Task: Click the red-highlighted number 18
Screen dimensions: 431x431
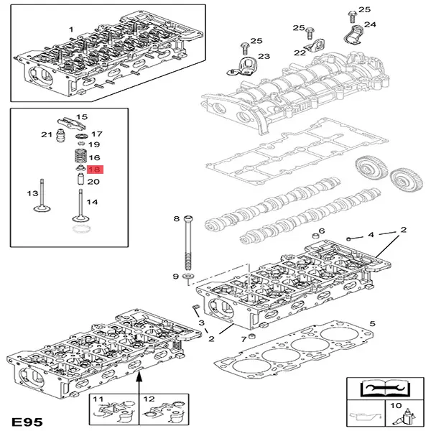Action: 94,170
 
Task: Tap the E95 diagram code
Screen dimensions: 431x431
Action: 27,418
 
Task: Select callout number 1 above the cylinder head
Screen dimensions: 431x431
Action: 71,29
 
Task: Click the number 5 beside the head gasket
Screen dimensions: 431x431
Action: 371,325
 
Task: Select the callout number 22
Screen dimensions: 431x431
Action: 299,52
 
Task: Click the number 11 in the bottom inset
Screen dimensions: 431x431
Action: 99,399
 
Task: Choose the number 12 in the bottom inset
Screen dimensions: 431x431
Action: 149,399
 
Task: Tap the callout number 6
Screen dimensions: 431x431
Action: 321,231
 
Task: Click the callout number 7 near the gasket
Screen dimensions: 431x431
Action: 243,338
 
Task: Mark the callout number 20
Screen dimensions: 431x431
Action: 94,182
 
